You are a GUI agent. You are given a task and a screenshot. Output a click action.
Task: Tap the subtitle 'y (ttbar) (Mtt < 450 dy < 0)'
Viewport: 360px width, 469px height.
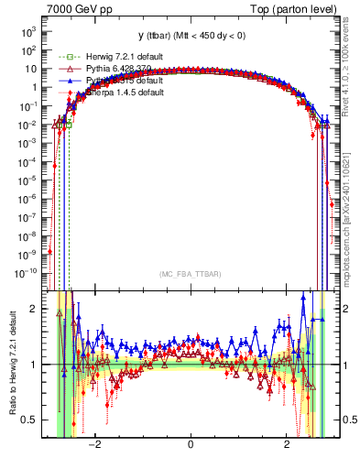[190, 36]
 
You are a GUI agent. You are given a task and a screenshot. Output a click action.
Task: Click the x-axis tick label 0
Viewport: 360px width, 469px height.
[190, 446]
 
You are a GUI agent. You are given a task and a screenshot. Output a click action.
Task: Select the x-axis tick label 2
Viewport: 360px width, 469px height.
[287, 446]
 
